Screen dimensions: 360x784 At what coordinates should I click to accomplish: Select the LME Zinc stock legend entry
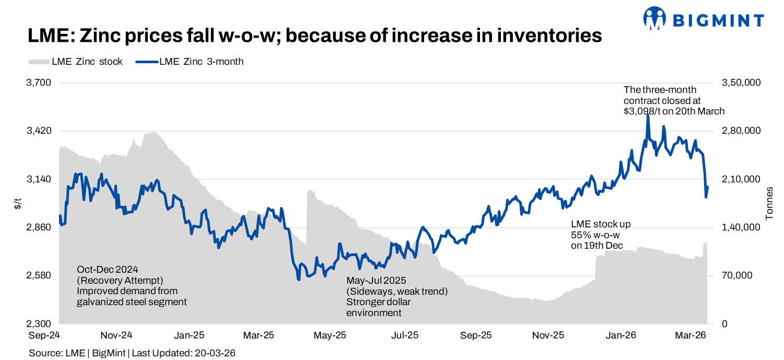(x=76, y=62)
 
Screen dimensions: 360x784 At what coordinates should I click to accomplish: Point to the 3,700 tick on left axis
(x=39, y=83)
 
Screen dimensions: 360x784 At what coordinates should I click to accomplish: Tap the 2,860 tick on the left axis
(x=39, y=227)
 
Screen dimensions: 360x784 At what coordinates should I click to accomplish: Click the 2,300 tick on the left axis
(x=39, y=324)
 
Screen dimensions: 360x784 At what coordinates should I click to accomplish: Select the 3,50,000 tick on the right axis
(x=741, y=83)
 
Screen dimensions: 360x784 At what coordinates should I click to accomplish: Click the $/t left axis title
(x=18, y=204)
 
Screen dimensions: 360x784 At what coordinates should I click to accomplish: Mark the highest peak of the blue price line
(x=648, y=114)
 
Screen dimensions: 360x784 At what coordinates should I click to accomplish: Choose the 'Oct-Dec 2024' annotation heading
(x=108, y=270)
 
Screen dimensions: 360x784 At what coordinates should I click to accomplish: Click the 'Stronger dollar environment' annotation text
(x=381, y=307)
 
